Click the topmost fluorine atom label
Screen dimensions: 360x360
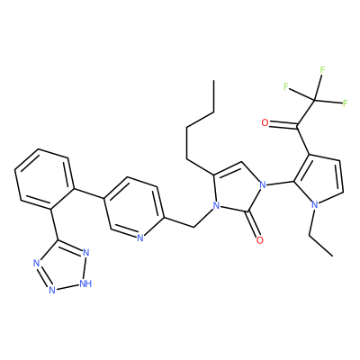coord(322,70)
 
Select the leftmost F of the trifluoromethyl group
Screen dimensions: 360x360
coord(286,86)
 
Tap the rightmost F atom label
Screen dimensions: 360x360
coord(345,103)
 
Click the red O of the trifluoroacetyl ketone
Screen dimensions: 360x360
coord(265,122)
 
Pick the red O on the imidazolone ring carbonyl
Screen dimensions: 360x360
coord(260,240)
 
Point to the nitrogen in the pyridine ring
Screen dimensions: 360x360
coord(139,238)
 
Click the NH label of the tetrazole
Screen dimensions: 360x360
coord(85,283)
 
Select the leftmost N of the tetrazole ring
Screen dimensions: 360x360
coord(37,264)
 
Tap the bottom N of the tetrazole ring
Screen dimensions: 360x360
coord(52,290)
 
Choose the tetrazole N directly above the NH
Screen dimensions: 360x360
coord(86,253)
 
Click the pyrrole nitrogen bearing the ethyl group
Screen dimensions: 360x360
coord(314,205)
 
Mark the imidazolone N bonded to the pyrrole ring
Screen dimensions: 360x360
coord(263,184)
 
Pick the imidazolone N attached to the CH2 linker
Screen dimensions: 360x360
coord(215,206)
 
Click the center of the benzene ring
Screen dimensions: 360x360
coord(44,179)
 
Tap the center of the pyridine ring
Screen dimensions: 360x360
coord(134,208)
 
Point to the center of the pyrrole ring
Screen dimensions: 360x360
coord(319,181)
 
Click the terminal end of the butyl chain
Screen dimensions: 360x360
coord(213,80)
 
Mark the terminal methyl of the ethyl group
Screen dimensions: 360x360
coord(333,256)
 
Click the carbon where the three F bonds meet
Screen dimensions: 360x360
coord(315,100)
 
